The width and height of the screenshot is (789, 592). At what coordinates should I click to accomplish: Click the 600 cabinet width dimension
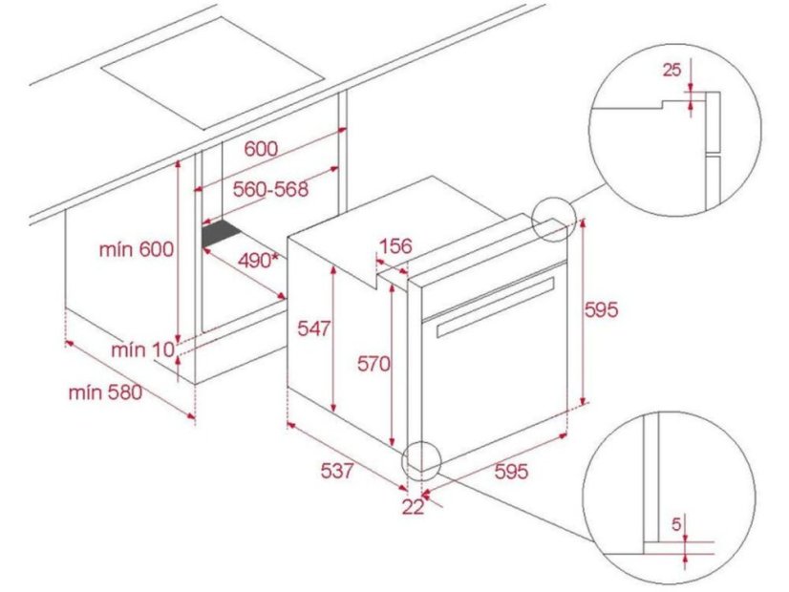click(x=261, y=148)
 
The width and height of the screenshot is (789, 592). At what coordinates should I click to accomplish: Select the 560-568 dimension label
click(x=270, y=189)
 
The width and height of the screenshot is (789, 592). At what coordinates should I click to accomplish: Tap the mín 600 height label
click(x=136, y=249)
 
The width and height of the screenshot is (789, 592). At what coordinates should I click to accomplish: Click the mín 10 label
click(x=143, y=349)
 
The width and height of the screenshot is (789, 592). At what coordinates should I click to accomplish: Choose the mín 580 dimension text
click(x=106, y=392)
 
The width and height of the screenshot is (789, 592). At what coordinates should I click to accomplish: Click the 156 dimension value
click(x=395, y=246)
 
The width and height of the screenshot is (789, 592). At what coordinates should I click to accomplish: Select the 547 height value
click(x=314, y=328)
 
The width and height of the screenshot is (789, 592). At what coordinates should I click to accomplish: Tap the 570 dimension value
click(x=373, y=363)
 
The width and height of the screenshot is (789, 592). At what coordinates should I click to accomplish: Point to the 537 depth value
click(x=337, y=471)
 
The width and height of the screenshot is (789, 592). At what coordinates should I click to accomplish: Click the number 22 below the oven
click(x=413, y=508)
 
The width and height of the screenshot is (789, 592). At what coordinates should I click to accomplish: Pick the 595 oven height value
click(x=602, y=309)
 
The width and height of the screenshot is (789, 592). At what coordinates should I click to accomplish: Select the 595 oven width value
click(x=512, y=472)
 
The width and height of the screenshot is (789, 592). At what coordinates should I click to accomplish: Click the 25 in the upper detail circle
click(x=672, y=70)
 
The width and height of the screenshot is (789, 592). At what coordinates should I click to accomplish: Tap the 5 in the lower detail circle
click(x=676, y=524)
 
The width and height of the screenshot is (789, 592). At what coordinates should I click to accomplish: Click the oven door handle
click(x=496, y=307)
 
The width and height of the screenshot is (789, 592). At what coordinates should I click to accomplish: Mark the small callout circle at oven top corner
click(x=554, y=219)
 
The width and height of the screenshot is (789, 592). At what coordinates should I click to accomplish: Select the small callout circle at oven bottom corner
click(x=421, y=461)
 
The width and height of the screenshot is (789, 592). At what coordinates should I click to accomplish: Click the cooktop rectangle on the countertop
click(x=212, y=74)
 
